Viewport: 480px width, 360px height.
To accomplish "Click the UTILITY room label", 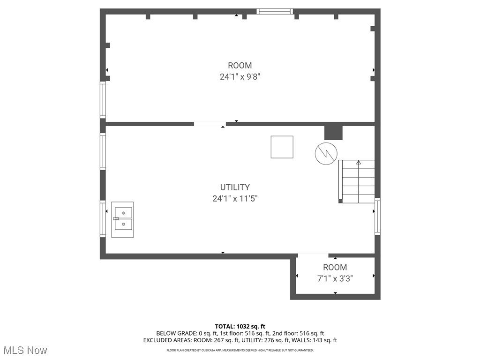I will coord(235,187).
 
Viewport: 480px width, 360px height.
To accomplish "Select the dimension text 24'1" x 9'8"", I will coord(240,77).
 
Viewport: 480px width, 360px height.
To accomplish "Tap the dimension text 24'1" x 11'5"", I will coord(235,199).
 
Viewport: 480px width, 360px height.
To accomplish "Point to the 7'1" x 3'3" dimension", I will coord(335,278).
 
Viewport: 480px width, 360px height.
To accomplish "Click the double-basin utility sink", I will coord(122,219).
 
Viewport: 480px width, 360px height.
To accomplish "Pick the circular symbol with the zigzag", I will coord(326,153).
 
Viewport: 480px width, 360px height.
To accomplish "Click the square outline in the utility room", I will coord(282,147).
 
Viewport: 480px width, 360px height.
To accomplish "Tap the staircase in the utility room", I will coord(357,181).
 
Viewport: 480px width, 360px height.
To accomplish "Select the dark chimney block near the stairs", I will coord(334,132).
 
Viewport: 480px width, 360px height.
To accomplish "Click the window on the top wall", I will coord(275,11).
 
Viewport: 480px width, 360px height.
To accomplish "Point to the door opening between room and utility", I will coord(210,124).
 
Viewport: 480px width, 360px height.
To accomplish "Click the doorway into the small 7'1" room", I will coord(313,255).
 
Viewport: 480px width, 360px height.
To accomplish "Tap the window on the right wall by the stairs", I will coord(377,216).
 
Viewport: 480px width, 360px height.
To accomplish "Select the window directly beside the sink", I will coord(103,219).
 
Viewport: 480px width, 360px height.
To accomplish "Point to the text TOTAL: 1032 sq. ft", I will coord(240,326).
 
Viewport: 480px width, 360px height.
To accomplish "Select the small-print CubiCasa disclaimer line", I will coord(240,350).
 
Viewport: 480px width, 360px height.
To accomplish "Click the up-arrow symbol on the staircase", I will coord(359,163).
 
